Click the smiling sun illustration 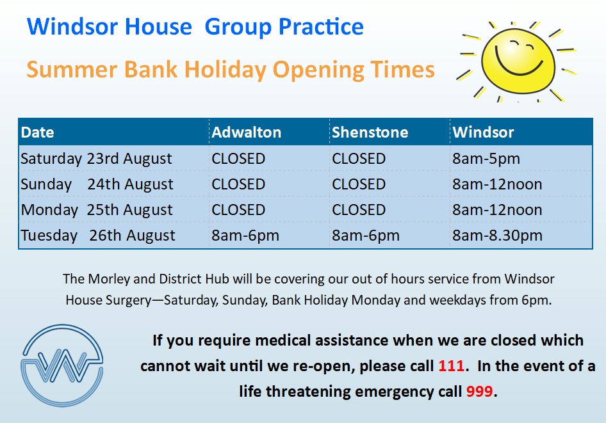516,61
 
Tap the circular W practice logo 62,365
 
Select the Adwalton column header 246,132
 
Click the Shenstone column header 370,132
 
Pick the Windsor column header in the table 483,132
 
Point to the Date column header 38,132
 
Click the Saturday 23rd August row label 96,159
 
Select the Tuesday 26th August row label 98,235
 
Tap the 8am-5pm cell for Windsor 486,159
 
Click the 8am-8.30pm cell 497,235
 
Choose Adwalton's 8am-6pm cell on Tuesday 245,235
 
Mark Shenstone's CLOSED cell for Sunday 359,184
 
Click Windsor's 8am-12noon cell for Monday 497,210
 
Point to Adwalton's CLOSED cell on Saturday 238,159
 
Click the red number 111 451,366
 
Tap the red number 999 480,392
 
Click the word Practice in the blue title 321,27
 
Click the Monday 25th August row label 97,210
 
